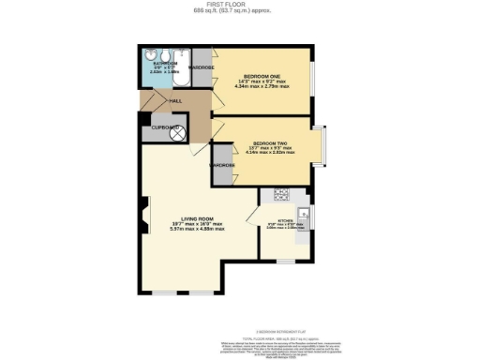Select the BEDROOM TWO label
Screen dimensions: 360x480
point(269,143)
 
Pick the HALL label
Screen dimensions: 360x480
point(175,100)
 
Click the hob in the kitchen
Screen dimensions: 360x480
point(280,195)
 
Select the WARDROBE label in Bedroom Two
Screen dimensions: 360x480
point(222,166)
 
